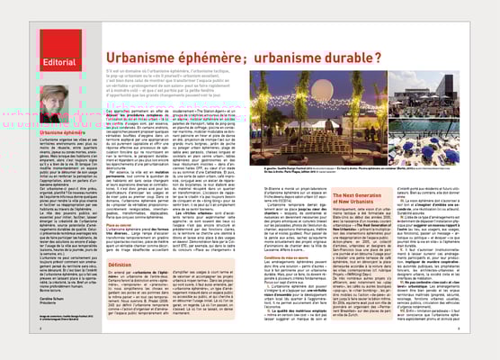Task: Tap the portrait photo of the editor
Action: coord(58,103)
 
